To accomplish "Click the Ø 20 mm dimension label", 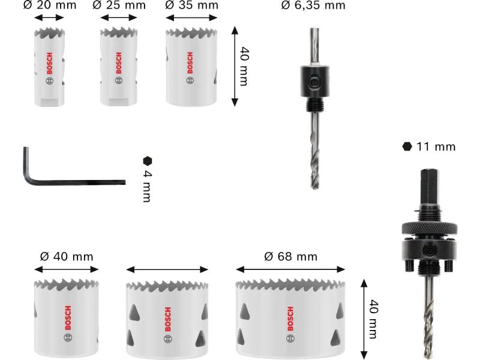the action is click(x=50, y=5).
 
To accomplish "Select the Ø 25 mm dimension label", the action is click(x=119, y=5).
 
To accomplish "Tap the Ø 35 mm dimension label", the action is click(x=191, y=5).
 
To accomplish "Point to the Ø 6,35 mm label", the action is click(x=313, y=5).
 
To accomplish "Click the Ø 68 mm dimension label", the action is click(x=290, y=257).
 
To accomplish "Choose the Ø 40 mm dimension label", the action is click(x=67, y=257).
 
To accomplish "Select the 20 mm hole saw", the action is click(x=49, y=67).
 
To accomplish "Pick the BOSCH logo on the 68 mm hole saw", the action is click(x=290, y=319).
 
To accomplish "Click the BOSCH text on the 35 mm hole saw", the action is click(x=190, y=63).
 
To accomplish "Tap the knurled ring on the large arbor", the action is click(x=429, y=228).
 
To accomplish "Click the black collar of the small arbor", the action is click(x=314, y=81).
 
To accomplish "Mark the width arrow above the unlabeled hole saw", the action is click(x=167, y=269).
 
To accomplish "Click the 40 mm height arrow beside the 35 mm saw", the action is click(x=235, y=66).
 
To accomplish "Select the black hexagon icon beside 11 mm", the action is click(x=407, y=146).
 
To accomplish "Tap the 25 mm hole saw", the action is click(x=118, y=67).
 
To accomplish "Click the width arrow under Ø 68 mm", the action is click(x=290, y=269).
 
